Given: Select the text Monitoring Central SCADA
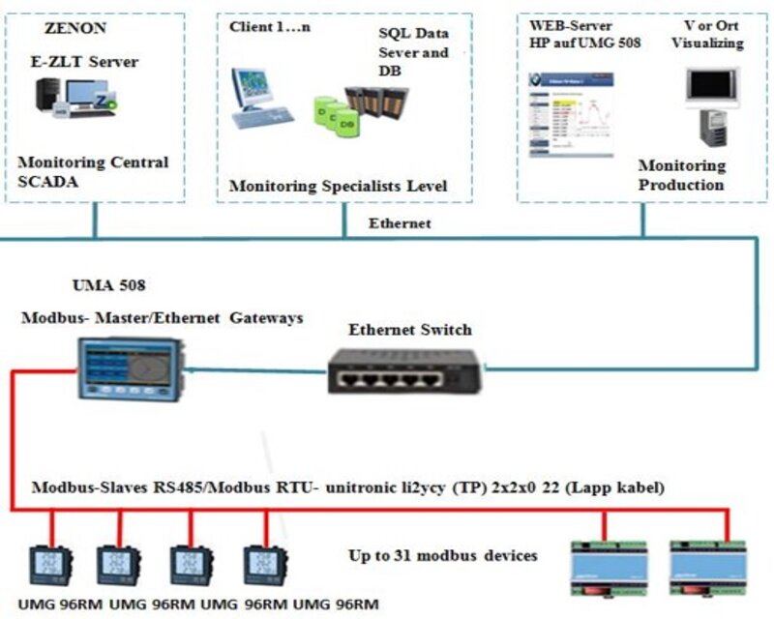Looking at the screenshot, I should (x=92, y=172).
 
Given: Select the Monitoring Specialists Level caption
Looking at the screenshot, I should (x=337, y=185).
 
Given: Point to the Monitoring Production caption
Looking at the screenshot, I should (x=681, y=175).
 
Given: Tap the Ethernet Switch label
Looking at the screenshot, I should (x=410, y=329).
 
